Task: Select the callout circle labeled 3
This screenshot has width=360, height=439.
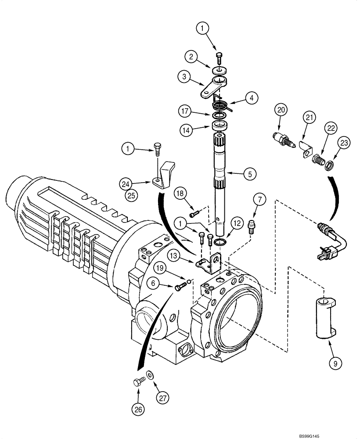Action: [x=184, y=77]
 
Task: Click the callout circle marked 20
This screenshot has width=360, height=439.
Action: [x=281, y=109]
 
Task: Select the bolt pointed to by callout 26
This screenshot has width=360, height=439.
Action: [x=137, y=382]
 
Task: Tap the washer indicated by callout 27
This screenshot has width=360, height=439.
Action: [x=151, y=375]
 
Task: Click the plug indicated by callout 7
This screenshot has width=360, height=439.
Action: [x=252, y=227]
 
